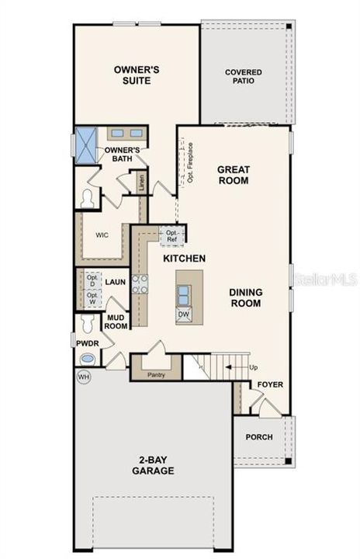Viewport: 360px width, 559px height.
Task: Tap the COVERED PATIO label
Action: [244, 77]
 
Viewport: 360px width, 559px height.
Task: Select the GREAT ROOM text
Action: [233, 175]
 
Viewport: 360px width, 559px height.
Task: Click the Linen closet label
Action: [142, 183]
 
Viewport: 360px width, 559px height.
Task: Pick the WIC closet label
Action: [102, 232]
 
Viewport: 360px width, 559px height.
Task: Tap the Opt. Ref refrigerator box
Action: [171, 235]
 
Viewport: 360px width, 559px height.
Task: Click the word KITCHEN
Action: [183, 258]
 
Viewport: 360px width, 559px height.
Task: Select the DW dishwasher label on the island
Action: [184, 314]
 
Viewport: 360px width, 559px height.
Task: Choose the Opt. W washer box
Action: [92, 297]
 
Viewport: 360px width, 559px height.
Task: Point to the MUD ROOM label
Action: [116, 321]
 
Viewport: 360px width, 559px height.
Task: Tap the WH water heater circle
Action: [84, 377]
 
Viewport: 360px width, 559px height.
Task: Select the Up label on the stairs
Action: [252, 366]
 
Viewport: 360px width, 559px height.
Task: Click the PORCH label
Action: [258, 437]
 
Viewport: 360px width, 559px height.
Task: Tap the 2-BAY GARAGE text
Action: [152, 464]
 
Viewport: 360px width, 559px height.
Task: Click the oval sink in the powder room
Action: [88, 359]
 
